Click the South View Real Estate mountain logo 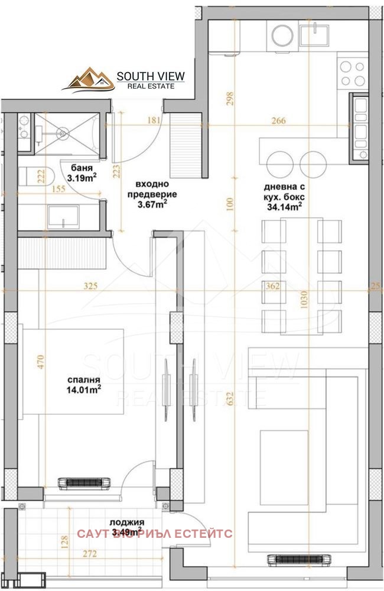[89, 80]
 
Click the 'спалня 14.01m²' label [83, 384]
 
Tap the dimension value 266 [278, 121]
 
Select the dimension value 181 [154, 121]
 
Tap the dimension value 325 [90, 286]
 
